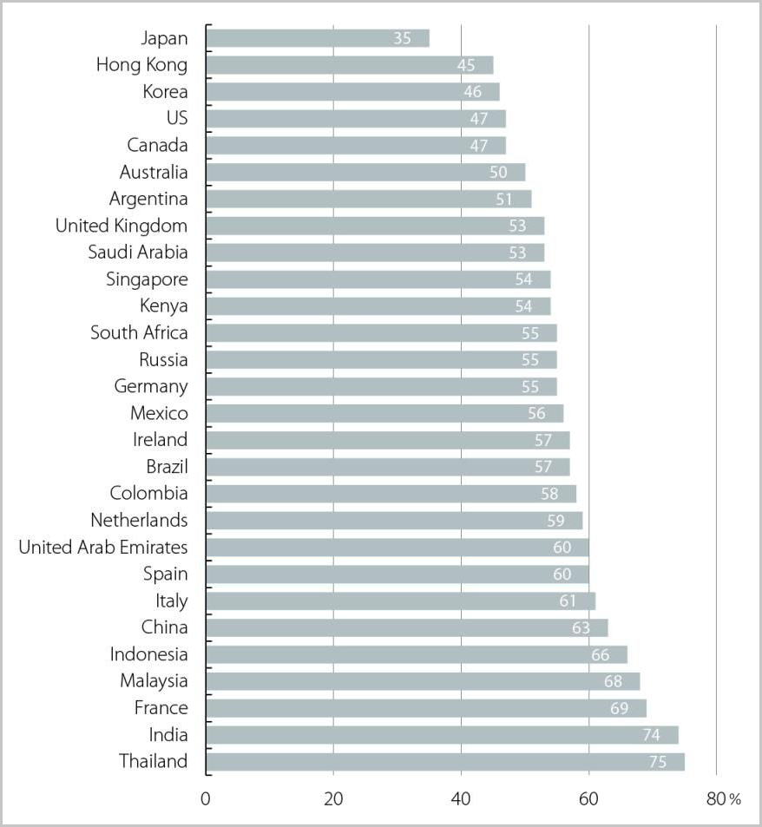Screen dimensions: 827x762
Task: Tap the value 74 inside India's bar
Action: coord(651,735)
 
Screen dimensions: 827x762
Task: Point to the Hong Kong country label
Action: coord(141,65)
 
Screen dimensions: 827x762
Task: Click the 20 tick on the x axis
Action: coord(333,799)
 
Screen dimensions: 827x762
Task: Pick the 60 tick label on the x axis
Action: coord(588,799)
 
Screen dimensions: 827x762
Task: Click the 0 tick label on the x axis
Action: coord(206,799)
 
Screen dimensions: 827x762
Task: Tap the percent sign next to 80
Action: coord(734,800)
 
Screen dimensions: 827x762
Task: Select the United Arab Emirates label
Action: coord(103,547)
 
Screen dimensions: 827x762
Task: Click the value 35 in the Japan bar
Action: coord(401,38)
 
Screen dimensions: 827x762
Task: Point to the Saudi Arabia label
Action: coord(138,253)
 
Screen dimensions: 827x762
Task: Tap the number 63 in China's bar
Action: coord(581,627)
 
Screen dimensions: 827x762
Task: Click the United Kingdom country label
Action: coord(122,226)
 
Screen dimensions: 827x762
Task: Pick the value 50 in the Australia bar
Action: coord(498,173)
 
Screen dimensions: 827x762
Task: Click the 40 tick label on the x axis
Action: coord(461,799)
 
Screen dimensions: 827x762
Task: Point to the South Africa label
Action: coord(139,332)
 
